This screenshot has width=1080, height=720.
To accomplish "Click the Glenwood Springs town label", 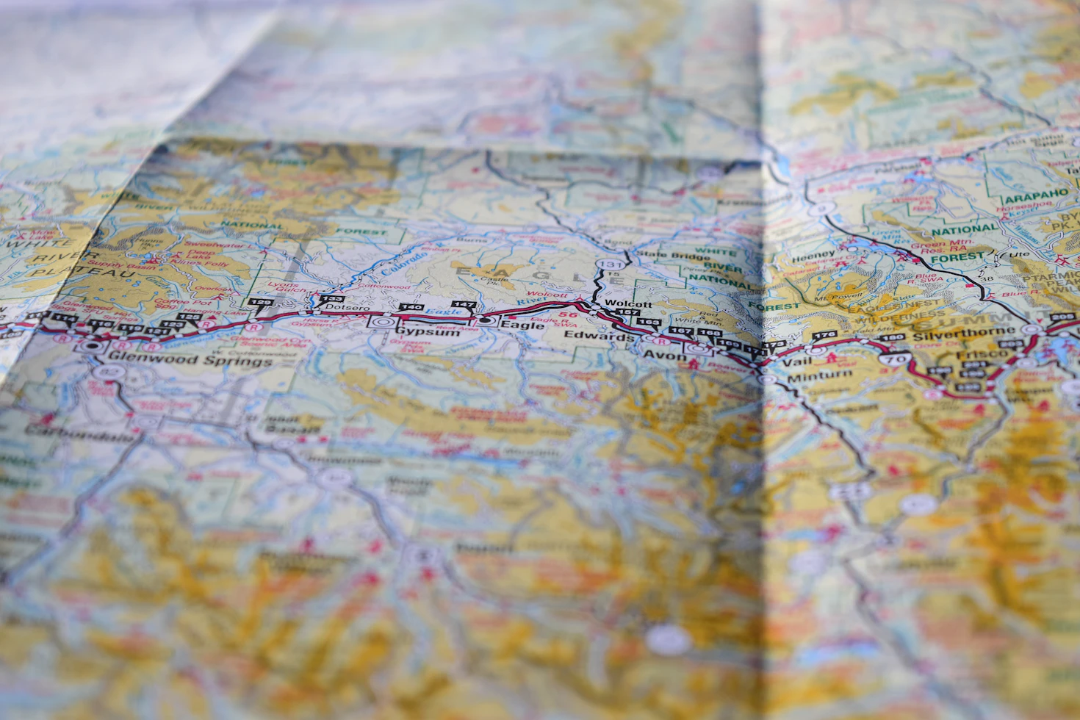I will pos(189,360).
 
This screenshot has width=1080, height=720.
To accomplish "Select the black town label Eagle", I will pos(522,325).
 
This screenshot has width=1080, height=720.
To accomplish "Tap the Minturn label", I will pos(819,377).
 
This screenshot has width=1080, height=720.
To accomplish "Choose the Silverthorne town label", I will pos(954,334).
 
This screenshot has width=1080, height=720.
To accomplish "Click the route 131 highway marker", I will pos(611,264).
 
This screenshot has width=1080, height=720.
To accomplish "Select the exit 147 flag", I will pos(464,304).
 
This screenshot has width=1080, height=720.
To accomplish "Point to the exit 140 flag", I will pos(411,307).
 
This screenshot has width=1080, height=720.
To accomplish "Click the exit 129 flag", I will pos(260,302).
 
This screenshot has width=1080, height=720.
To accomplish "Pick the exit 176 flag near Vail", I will pos(824,336).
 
